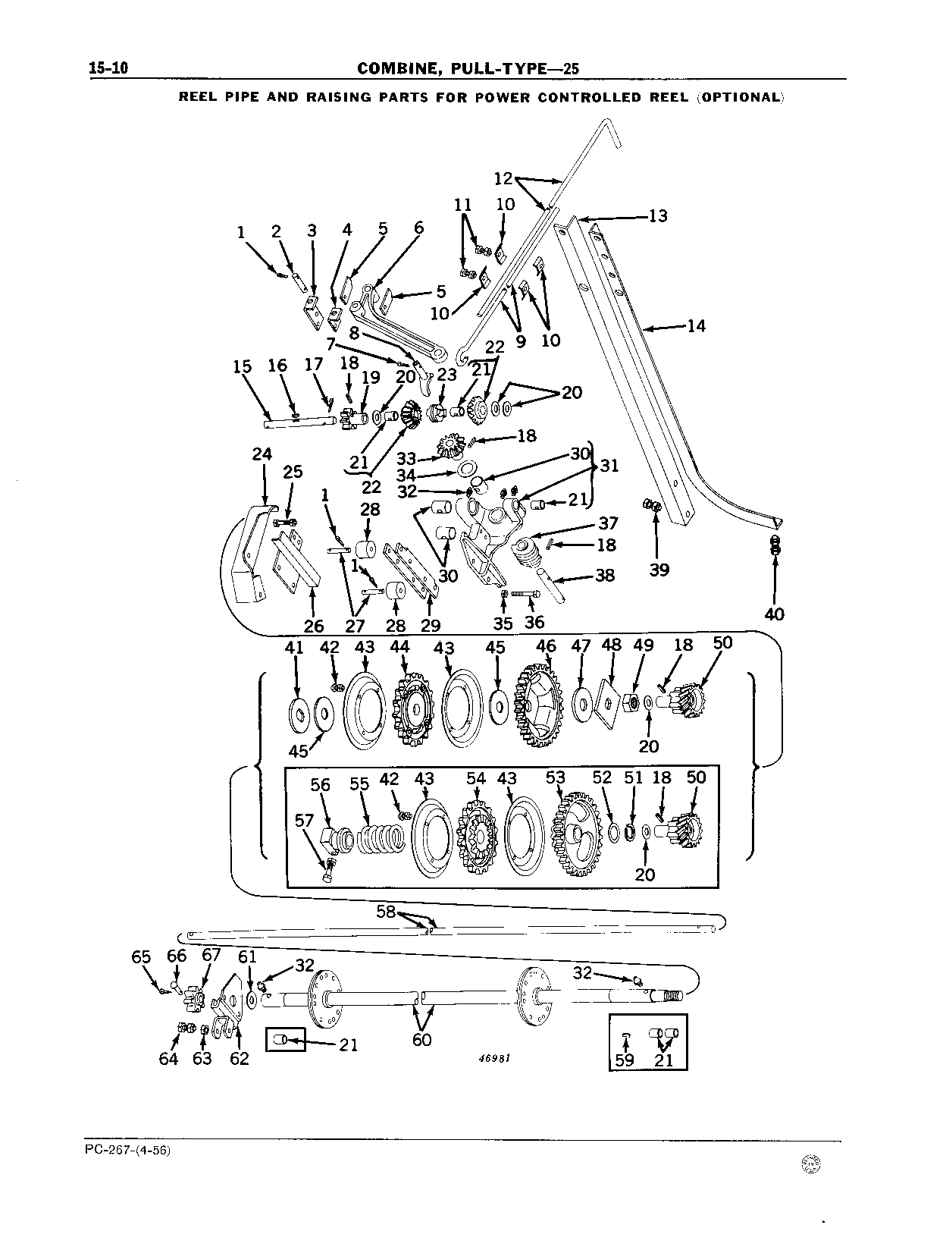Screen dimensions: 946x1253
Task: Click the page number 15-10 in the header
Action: tap(108, 68)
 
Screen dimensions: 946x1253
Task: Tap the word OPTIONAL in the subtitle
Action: tap(740, 98)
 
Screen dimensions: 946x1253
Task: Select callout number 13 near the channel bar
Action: tap(657, 215)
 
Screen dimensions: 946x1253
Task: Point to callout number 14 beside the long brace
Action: tap(697, 326)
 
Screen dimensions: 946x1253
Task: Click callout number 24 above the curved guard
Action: tap(262, 454)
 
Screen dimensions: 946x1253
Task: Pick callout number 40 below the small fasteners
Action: tap(774, 614)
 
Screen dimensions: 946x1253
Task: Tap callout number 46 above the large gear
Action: tap(546, 646)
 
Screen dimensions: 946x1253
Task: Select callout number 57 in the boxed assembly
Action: tap(304, 821)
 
